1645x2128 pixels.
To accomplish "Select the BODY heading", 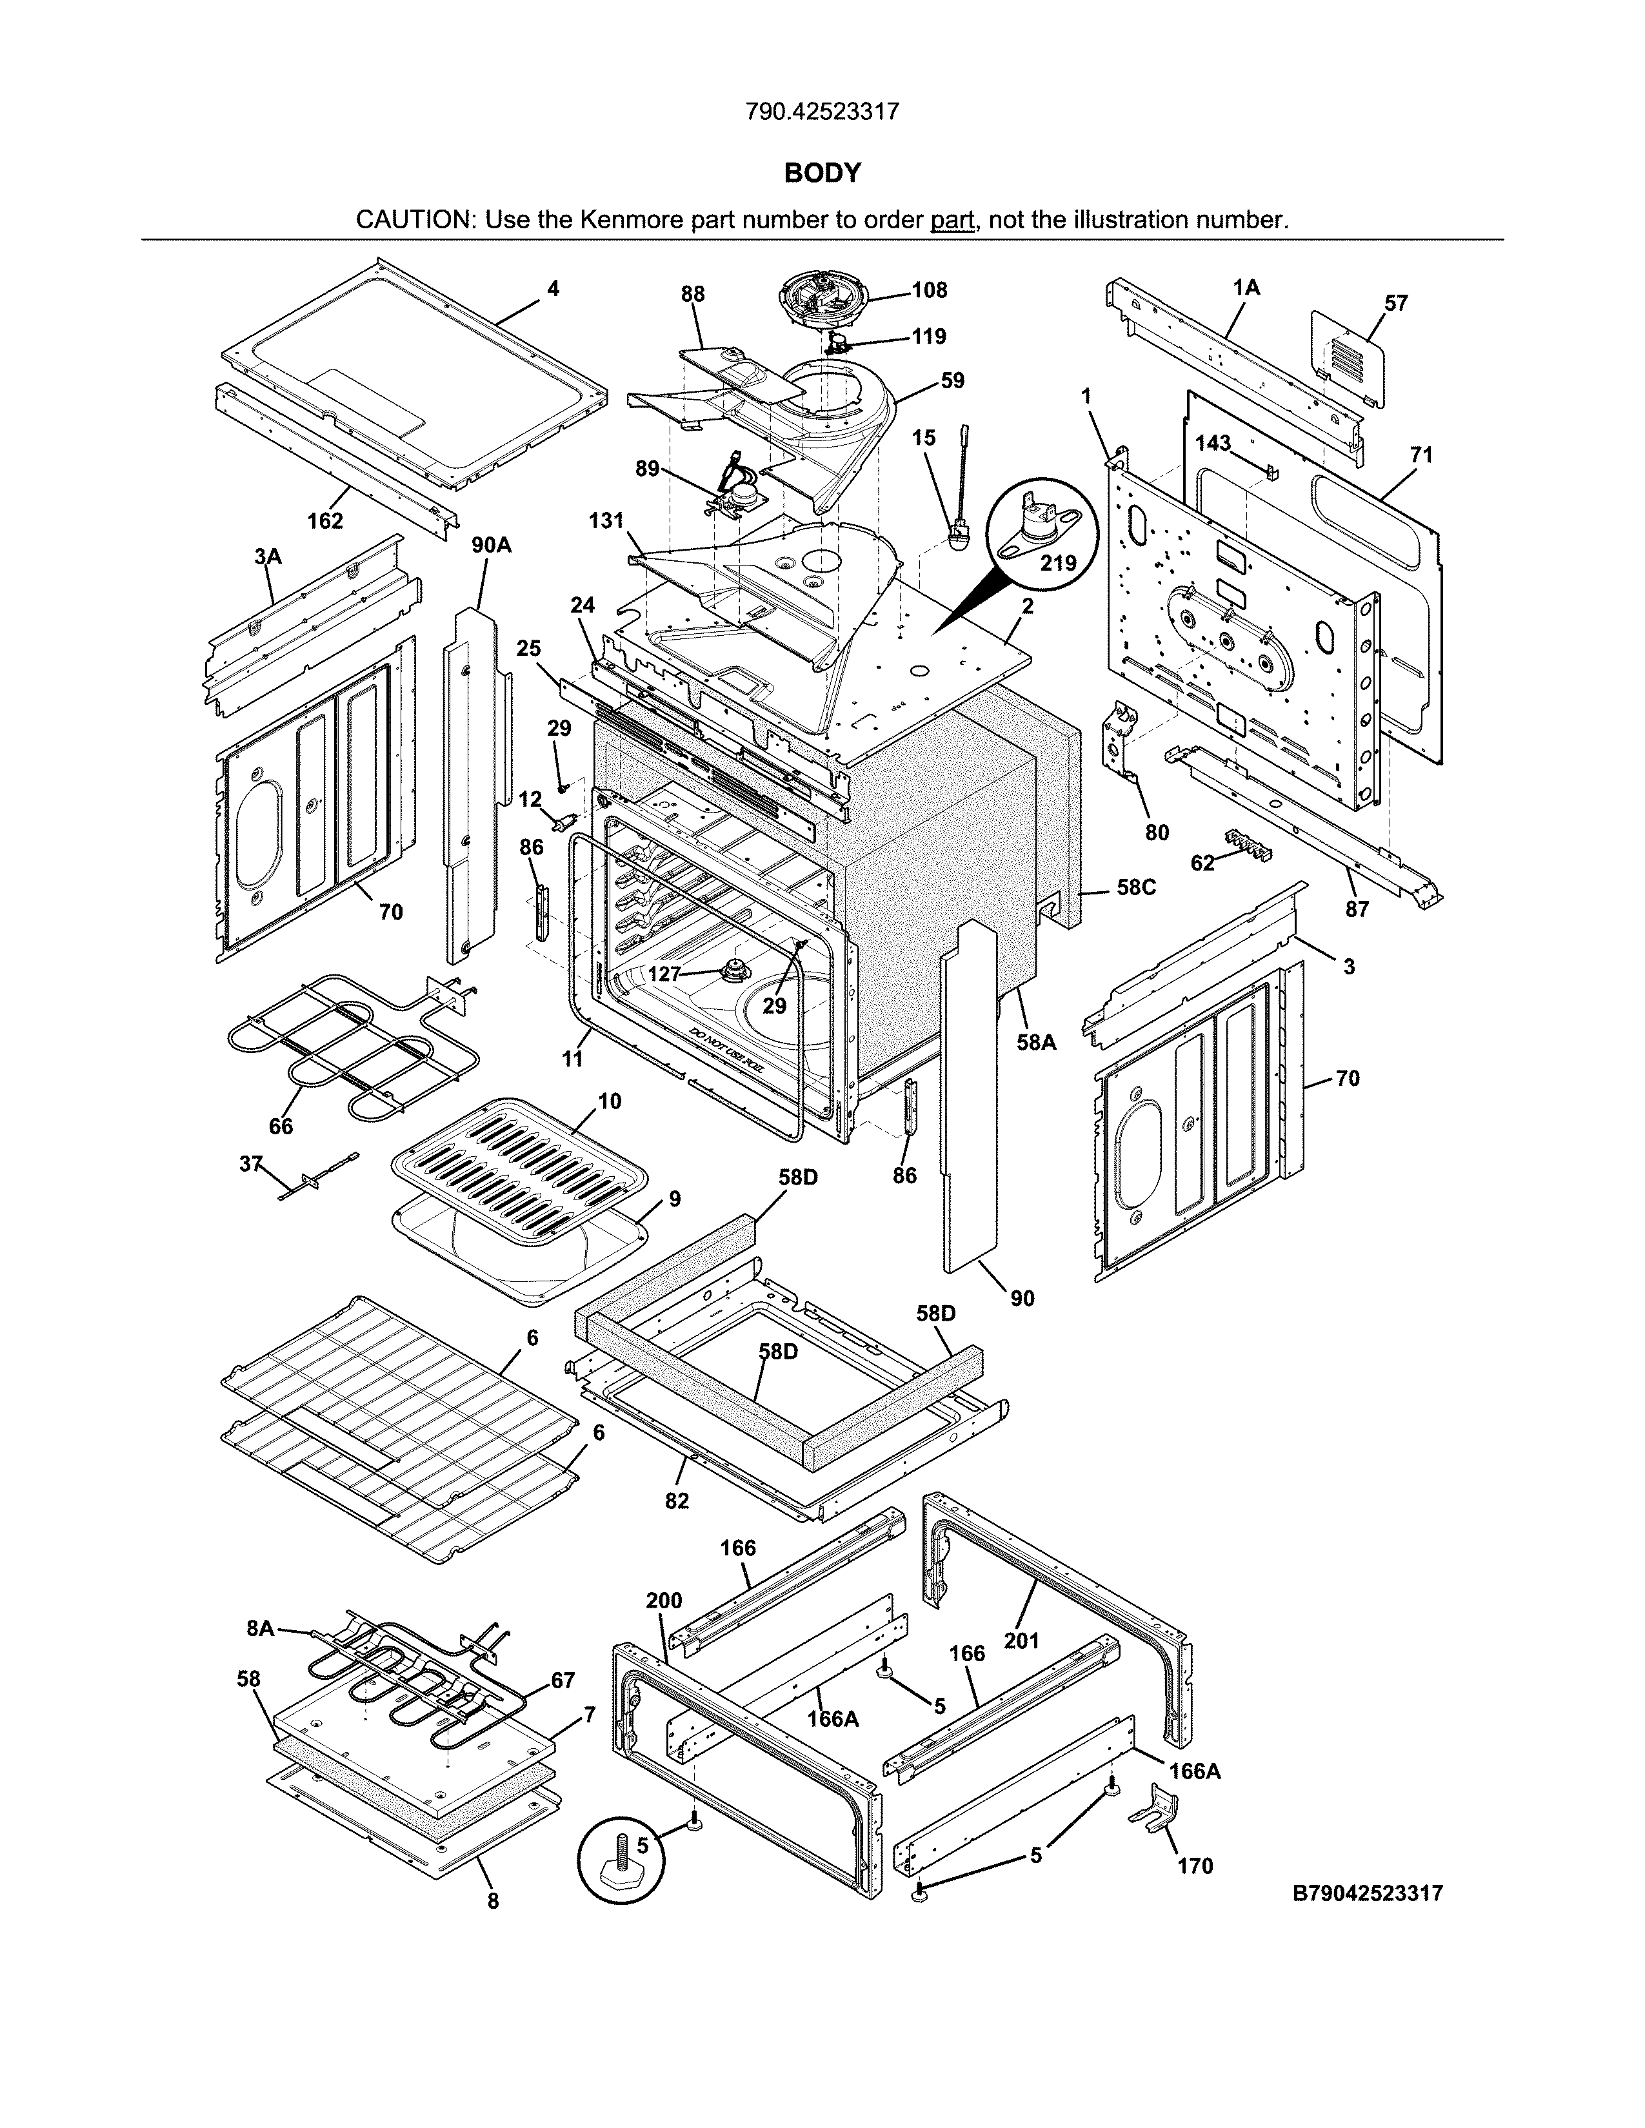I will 822,173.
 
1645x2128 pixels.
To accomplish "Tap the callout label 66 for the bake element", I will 281,1127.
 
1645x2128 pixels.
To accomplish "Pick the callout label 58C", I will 1135,888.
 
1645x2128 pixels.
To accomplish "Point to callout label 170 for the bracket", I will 1195,1866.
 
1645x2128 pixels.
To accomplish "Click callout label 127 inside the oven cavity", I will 664,973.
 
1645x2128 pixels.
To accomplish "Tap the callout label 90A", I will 491,546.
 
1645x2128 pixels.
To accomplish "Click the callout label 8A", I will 260,1627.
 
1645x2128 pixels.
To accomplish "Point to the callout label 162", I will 326,521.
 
